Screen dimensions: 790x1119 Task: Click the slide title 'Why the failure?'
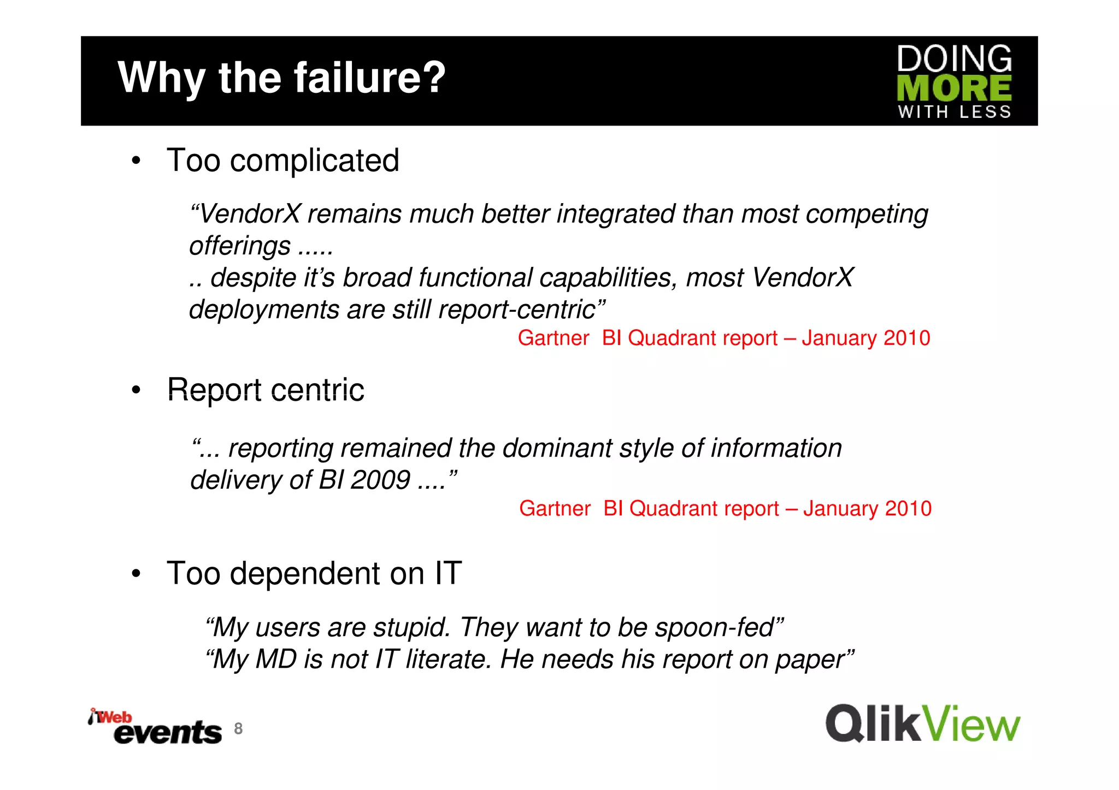click(281, 78)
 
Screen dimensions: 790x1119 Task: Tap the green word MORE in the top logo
click(954, 88)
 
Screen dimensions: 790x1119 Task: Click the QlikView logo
click(922, 724)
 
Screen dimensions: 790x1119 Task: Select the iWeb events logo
click(155, 727)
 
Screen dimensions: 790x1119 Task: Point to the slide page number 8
click(238, 728)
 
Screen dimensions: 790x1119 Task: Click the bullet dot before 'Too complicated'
click(136, 161)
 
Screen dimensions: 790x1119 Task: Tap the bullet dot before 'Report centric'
click(136, 391)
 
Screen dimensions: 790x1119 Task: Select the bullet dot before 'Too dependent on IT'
click(136, 574)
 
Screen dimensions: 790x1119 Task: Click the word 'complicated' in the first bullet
click(315, 161)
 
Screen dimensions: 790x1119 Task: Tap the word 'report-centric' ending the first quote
click(516, 310)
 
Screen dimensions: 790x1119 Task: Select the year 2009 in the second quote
click(380, 480)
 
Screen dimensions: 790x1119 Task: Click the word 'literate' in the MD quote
click(449, 660)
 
